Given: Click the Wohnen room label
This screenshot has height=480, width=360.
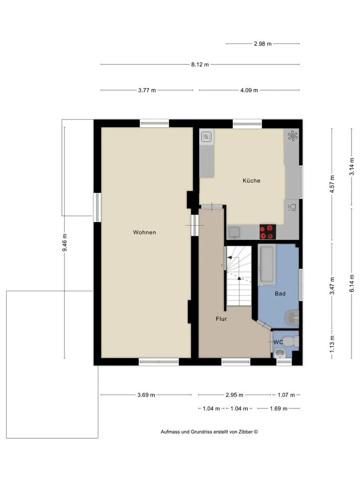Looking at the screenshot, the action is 144,232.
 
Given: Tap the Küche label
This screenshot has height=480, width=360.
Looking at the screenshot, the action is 251,180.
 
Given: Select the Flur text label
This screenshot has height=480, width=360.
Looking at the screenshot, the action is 221,319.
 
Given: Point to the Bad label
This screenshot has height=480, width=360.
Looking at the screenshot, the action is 280,294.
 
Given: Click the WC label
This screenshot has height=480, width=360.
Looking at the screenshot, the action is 278,342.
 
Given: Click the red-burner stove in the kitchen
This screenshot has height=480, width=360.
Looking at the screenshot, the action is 268,232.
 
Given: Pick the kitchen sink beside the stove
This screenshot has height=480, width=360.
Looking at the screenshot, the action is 235,232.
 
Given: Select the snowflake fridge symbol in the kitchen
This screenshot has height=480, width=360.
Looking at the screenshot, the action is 292,136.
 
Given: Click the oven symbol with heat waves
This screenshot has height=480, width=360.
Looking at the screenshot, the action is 207,136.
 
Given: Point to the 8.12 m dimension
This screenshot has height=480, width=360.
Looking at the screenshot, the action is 200,64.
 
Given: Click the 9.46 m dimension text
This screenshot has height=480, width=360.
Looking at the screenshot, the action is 64,243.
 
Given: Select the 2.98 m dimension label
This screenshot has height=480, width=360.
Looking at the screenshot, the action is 263,44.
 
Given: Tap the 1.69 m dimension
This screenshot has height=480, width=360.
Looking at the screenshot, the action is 279,408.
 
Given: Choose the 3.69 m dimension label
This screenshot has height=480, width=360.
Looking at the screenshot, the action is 146,395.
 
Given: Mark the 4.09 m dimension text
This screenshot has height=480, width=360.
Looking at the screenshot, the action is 249,90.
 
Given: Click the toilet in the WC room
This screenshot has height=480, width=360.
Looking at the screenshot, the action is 293,341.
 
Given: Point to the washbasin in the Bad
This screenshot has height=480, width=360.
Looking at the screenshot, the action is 292,318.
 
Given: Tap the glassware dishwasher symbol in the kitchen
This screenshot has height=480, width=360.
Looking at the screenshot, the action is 292,207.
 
